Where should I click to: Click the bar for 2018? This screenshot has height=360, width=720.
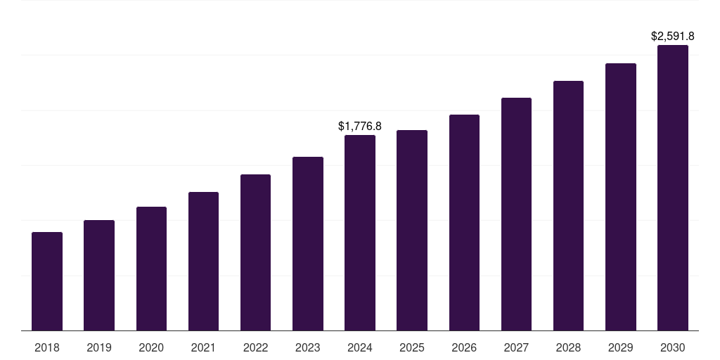[x=47, y=281]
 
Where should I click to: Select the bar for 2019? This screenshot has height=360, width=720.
[x=99, y=275]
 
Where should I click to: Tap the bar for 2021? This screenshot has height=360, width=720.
[x=203, y=261]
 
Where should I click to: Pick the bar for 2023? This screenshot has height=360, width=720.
[x=308, y=243]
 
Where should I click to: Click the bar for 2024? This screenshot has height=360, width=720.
[x=360, y=233]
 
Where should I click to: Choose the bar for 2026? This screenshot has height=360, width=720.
[x=464, y=222]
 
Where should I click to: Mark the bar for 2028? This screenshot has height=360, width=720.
[x=568, y=205]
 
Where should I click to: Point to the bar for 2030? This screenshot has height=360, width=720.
[x=673, y=188]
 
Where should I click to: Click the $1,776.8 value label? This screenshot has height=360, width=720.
[x=360, y=127]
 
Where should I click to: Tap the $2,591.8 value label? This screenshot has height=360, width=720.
[x=673, y=36]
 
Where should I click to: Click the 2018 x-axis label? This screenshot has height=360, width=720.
[x=47, y=347]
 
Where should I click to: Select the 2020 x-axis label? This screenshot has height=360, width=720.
[x=151, y=347]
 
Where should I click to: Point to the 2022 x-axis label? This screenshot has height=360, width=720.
[x=256, y=347]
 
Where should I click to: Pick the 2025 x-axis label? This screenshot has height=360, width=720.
[x=412, y=347]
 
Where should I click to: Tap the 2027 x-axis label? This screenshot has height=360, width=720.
[x=516, y=347]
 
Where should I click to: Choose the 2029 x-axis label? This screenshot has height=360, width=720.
[x=621, y=347]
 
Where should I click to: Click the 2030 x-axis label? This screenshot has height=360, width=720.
[x=673, y=347]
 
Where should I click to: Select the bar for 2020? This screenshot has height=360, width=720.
[x=151, y=269]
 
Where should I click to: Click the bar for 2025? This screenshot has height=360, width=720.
[x=412, y=230]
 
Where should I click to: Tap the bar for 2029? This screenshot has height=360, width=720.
[x=621, y=197]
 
